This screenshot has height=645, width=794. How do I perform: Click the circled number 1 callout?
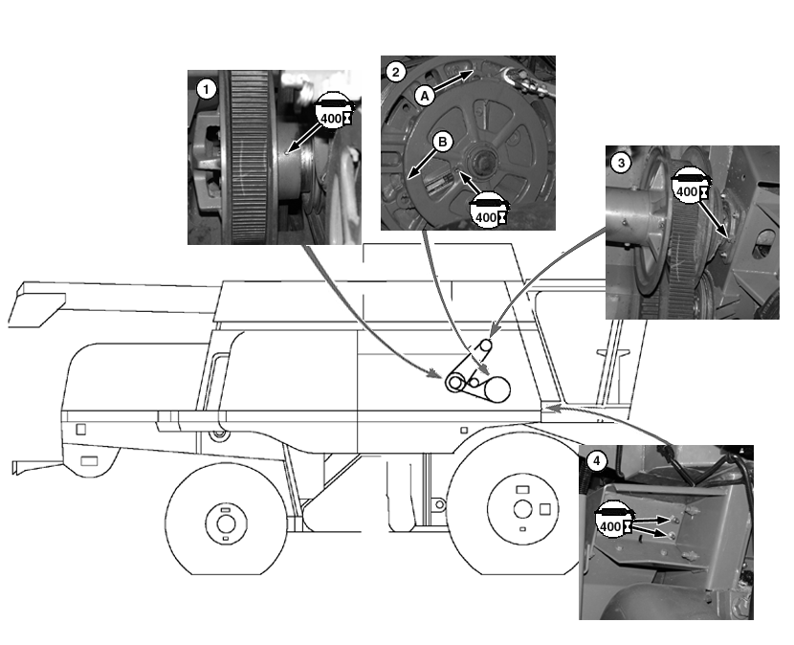tap(204, 88)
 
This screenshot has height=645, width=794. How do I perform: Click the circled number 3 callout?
tap(621, 163)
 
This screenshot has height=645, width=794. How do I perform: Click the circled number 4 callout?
tap(596, 461)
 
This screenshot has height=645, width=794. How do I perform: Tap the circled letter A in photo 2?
tap(424, 95)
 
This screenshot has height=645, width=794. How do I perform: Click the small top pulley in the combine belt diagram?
tap(485, 345)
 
